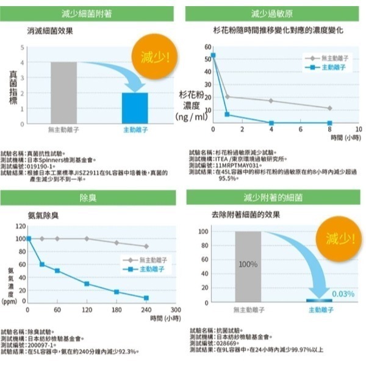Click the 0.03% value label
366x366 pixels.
pyautogui.click(x=343, y=294)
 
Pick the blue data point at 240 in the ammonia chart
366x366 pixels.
pyautogui.click(x=146, y=298)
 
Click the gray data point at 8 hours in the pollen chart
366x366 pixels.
pyautogui.click(x=329, y=108)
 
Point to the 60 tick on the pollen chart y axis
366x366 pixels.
pyautogui.click(x=207, y=46)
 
